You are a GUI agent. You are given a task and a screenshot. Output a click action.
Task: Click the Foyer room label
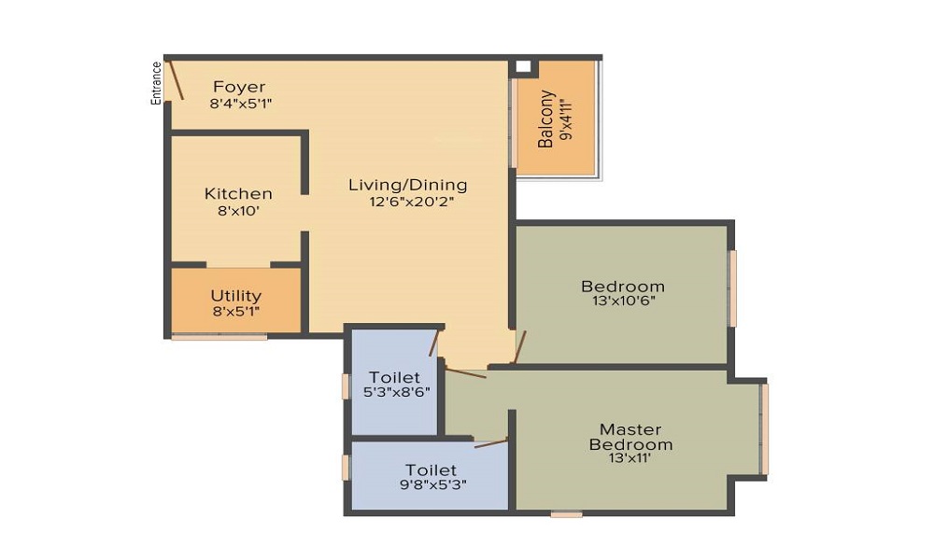(x=239, y=88)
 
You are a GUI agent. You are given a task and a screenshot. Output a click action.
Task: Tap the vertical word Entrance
(x=156, y=83)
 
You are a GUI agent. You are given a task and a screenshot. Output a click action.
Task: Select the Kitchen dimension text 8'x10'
(x=238, y=210)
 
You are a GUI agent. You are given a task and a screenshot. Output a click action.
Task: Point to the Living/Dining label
(x=408, y=185)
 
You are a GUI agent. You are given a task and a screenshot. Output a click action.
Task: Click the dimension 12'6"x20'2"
(x=412, y=202)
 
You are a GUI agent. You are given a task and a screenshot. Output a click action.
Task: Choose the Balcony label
(x=545, y=119)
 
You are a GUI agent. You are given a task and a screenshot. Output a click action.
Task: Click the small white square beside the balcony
(x=522, y=66)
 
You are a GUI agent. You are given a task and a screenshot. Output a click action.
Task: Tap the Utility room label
(x=236, y=296)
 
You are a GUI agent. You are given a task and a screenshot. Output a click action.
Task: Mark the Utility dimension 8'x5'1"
(x=236, y=311)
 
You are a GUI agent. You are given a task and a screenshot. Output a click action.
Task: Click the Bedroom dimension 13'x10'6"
(x=624, y=301)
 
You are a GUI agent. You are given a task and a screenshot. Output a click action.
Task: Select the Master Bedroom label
(x=630, y=437)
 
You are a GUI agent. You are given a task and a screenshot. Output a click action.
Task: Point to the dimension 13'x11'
(x=630, y=458)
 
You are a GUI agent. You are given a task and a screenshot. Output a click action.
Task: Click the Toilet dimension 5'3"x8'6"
(x=397, y=392)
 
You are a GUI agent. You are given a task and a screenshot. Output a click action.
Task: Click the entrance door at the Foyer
(x=177, y=79)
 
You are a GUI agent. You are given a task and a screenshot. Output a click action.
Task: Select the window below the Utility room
(x=219, y=337)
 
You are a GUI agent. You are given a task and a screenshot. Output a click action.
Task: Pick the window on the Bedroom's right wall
(x=733, y=288)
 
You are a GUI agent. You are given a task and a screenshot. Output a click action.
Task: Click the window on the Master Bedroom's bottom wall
(x=567, y=514)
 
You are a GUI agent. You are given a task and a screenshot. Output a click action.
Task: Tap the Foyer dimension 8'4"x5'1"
(x=241, y=104)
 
